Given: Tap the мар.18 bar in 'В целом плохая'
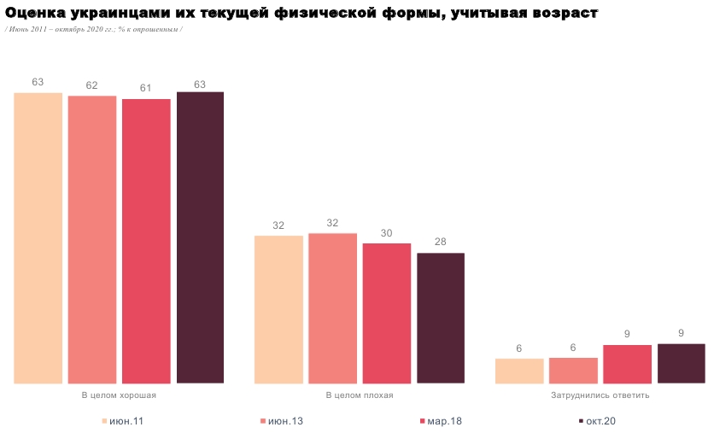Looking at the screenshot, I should [387, 313].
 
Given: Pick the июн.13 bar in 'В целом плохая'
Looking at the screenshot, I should [332, 308].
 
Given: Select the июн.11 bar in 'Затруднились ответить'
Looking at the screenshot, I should [519, 371].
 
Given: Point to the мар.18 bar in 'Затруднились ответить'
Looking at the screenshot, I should [628, 364].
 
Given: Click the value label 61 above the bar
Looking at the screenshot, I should [146, 88].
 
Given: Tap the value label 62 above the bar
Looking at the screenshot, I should [92, 85].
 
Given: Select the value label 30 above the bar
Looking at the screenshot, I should [387, 232].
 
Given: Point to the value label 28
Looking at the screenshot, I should [441, 242].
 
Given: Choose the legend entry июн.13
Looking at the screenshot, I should [282, 421].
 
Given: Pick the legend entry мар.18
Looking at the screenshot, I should [442, 421].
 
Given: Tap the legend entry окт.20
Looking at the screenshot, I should [598, 421].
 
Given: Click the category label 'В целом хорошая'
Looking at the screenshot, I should [119, 395].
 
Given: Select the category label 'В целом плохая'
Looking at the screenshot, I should [360, 395].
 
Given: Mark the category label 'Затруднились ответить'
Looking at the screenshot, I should [600, 395].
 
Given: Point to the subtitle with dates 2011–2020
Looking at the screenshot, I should [93, 29].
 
